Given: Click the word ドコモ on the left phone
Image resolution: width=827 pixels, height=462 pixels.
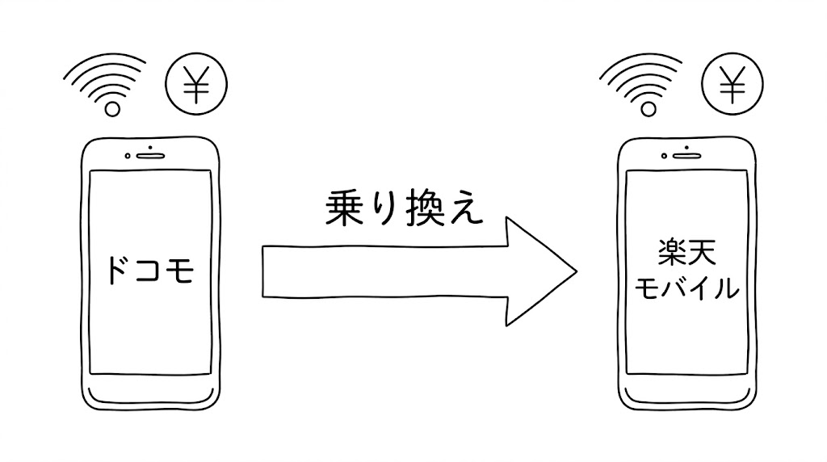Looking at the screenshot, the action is [150, 270].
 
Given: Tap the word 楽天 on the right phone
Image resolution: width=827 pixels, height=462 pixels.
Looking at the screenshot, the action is [687, 253].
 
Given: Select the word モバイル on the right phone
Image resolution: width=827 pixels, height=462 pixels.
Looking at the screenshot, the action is [686, 288].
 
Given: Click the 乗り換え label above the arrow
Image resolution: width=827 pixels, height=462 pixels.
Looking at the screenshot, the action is [404, 209].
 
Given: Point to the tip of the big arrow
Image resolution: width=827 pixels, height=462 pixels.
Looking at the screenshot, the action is [577, 271].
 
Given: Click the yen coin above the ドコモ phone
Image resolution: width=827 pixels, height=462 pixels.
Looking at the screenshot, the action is [196, 83].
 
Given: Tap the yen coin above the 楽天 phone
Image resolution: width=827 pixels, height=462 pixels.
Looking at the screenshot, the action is [732, 83].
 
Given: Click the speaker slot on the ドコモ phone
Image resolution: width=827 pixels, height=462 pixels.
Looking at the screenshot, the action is [151, 156].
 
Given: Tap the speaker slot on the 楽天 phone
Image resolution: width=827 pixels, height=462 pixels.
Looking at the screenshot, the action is [686, 156].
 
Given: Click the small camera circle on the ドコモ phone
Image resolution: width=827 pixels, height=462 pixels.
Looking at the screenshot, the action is [128, 156].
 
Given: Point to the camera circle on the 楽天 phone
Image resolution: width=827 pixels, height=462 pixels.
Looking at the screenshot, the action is [664, 156].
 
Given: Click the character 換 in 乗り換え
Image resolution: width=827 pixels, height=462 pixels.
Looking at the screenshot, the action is [424, 209].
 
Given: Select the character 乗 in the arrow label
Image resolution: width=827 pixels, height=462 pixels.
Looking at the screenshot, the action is [344, 209].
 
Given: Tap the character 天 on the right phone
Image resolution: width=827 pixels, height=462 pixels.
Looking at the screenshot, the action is [702, 253].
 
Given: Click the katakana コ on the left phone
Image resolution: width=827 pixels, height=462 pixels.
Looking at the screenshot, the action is [151, 270].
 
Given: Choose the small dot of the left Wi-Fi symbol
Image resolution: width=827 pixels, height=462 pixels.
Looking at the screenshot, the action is [112, 109].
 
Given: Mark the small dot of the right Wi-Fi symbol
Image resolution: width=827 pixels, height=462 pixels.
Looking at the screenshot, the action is [649, 109].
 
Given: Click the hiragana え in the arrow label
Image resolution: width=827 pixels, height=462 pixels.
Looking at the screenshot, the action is [466, 210].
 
